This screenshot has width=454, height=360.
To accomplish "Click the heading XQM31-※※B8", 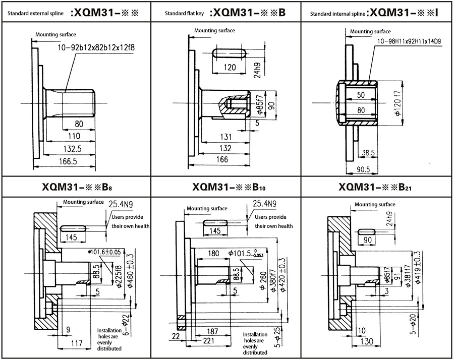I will pos(76,187).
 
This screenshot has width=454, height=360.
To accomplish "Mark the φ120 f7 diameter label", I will pos(396,103).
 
